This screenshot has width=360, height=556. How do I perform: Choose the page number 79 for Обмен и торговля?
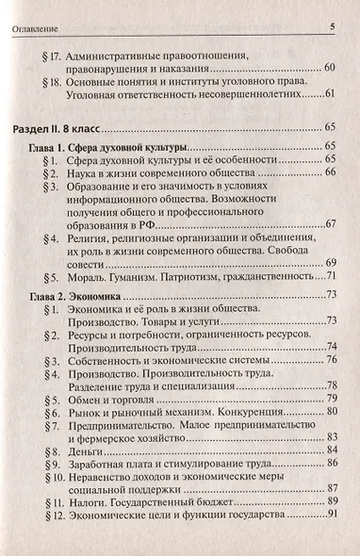coord(331,397)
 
